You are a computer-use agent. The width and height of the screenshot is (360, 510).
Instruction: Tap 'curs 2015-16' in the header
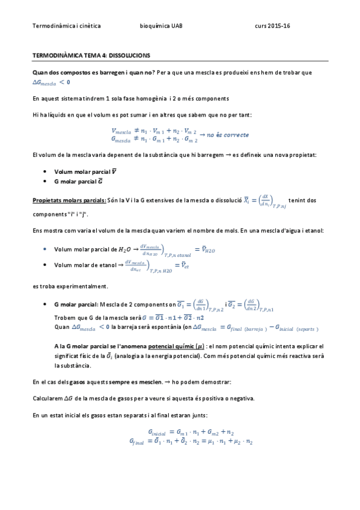coord(272,26)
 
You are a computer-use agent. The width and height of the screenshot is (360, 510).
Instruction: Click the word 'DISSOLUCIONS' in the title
coord(130,55)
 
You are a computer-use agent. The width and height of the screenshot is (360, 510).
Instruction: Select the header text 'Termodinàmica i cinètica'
coord(66,26)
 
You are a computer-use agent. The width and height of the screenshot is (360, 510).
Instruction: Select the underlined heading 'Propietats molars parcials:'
coord(69,200)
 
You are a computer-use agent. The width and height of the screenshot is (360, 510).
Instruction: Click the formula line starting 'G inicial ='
coord(190,432)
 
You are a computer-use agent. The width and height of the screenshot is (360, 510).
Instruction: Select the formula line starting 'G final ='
coord(190,441)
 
